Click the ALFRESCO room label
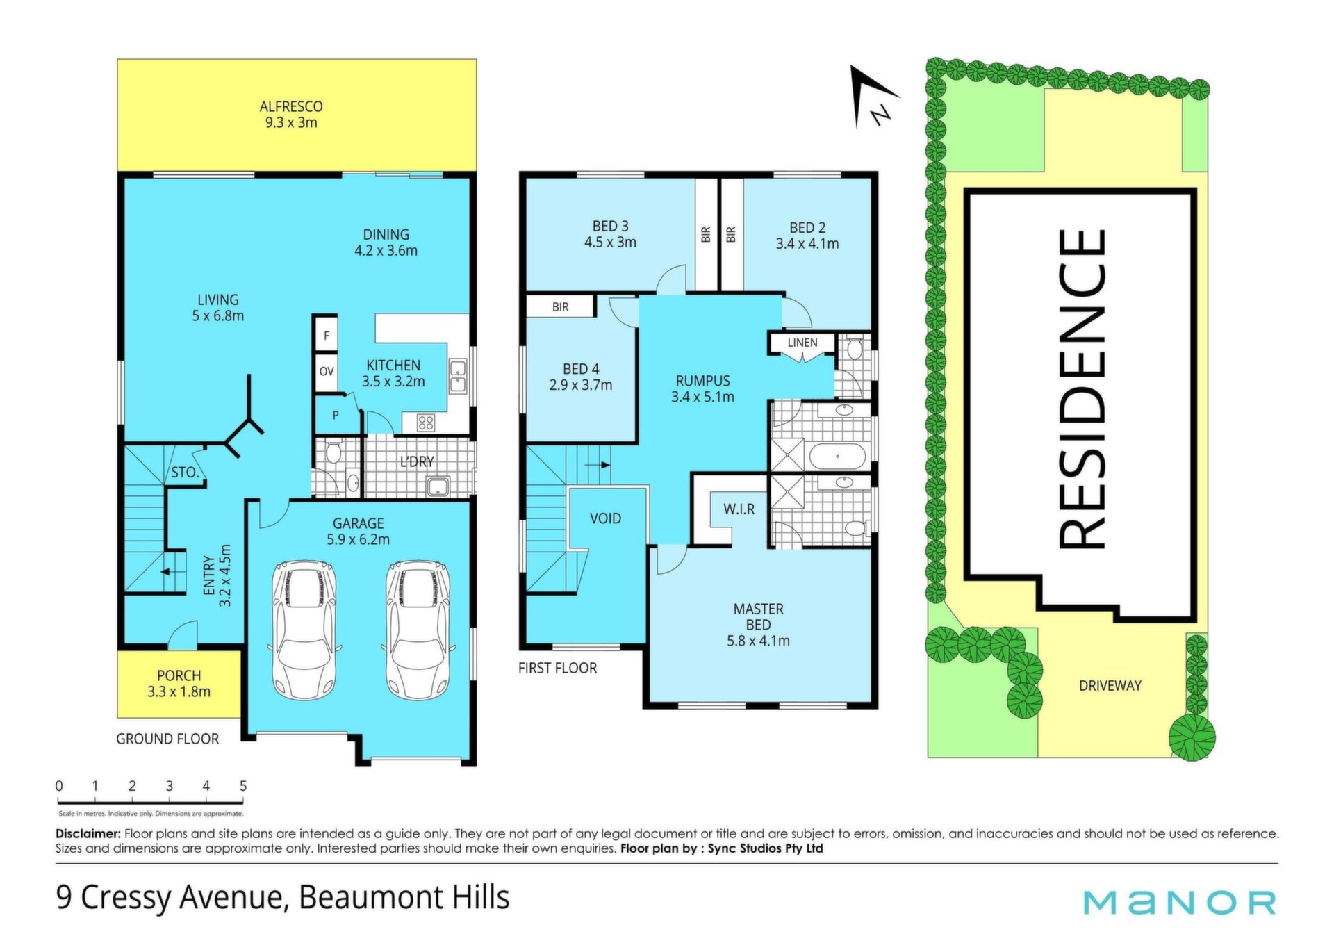pyautogui.click(x=291, y=106)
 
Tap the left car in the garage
pyautogui.click(x=304, y=630)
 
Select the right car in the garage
pyautogui.click(x=418, y=630)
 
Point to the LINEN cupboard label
pyautogui.click(x=802, y=343)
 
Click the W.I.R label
pyautogui.click(x=739, y=509)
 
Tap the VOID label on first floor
pyautogui.click(x=605, y=518)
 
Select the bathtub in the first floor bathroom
pyautogui.click(x=837, y=457)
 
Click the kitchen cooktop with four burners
pyautogui.click(x=425, y=422)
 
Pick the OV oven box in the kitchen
pyautogui.click(x=327, y=372)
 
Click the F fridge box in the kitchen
pyautogui.click(x=327, y=336)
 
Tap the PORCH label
pyautogui.click(x=179, y=675)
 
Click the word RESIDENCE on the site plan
pyautogui.click(x=1082, y=389)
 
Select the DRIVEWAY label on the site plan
pyautogui.click(x=1110, y=686)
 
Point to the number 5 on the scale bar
pyautogui.click(x=243, y=786)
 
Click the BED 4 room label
pyautogui.click(x=581, y=369)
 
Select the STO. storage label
pyautogui.click(x=185, y=473)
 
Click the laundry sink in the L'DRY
pyautogui.click(x=438, y=486)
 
